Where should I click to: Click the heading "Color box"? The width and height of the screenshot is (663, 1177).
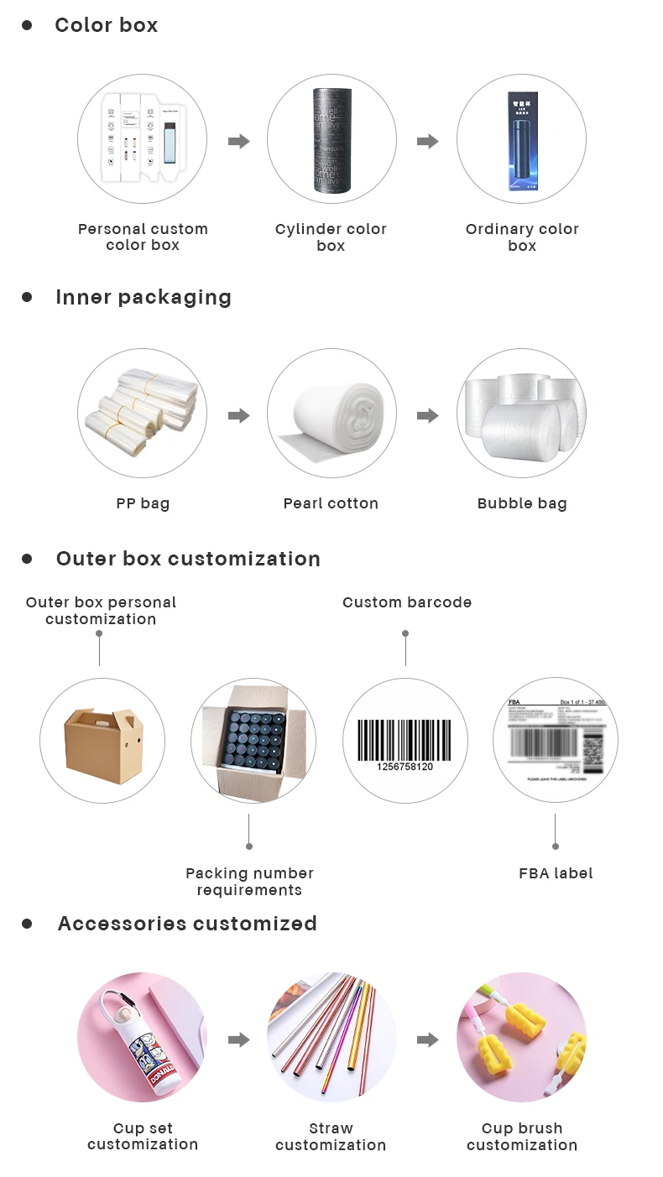click(x=106, y=25)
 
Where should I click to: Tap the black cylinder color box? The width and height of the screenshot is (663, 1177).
click(x=331, y=141)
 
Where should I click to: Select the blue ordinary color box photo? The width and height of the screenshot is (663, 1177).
click(x=521, y=141)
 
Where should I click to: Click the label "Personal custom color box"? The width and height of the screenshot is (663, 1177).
click(x=143, y=237)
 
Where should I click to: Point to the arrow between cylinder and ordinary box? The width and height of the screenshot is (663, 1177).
click(x=428, y=141)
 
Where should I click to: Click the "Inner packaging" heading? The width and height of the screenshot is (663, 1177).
click(x=143, y=297)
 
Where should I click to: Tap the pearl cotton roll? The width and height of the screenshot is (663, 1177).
click(x=331, y=414)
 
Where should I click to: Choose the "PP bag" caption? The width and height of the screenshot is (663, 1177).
click(x=143, y=503)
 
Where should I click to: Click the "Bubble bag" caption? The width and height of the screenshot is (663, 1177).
click(x=522, y=503)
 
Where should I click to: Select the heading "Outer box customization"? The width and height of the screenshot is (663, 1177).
click(x=188, y=559)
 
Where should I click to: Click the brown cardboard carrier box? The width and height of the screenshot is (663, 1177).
click(x=103, y=739)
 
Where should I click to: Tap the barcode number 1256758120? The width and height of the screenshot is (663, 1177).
click(x=405, y=767)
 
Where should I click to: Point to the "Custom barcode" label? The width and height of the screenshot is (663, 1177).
click(x=407, y=602)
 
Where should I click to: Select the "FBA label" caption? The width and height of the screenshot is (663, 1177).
click(x=556, y=873)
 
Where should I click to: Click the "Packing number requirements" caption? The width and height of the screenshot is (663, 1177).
click(x=249, y=882)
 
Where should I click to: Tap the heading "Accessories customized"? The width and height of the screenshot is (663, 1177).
click(x=187, y=924)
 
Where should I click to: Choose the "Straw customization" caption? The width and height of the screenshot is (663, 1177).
click(x=331, y=1137)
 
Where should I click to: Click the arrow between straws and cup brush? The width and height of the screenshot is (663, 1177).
click(x=428, y=1040)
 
